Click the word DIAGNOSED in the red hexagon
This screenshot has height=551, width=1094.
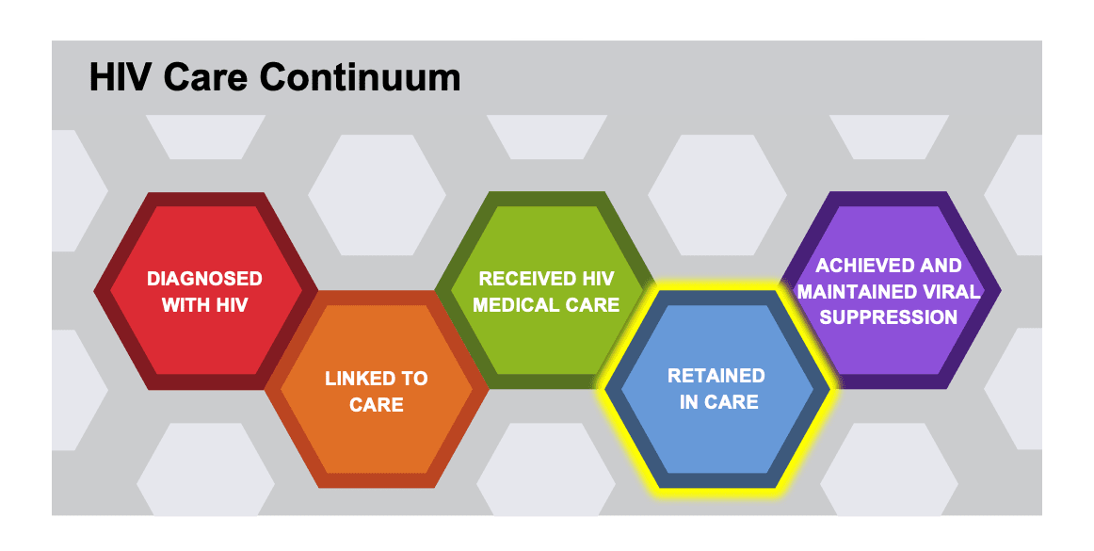(x=204, y=279)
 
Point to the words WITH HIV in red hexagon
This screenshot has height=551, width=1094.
(x=204, y=305)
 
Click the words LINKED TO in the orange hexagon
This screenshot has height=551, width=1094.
(x=376, y=379)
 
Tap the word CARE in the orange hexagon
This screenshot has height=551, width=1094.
(x=376, y=405)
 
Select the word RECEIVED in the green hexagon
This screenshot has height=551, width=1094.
(x=515, y=279)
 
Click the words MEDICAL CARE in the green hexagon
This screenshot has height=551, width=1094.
(x=546, y=305)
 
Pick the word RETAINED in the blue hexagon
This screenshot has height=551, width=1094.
(x=716, y=376)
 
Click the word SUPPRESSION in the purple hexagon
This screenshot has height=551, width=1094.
(x=889, y=317)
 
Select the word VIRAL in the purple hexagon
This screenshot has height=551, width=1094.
(x=954, y=292)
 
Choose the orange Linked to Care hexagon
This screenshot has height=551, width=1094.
(x=377, y=443)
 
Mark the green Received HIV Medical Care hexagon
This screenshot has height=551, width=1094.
(x=546, y=235)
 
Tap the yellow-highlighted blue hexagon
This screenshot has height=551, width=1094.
(x=717, y=443)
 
